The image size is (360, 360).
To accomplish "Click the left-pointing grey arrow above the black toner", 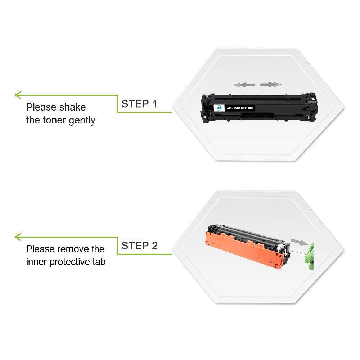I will click(244, 85).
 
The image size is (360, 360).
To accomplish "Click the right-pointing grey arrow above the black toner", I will click(271, 85).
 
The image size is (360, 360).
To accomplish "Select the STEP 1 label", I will click(139, 104).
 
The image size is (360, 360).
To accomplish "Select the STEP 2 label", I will click(139, 246).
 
